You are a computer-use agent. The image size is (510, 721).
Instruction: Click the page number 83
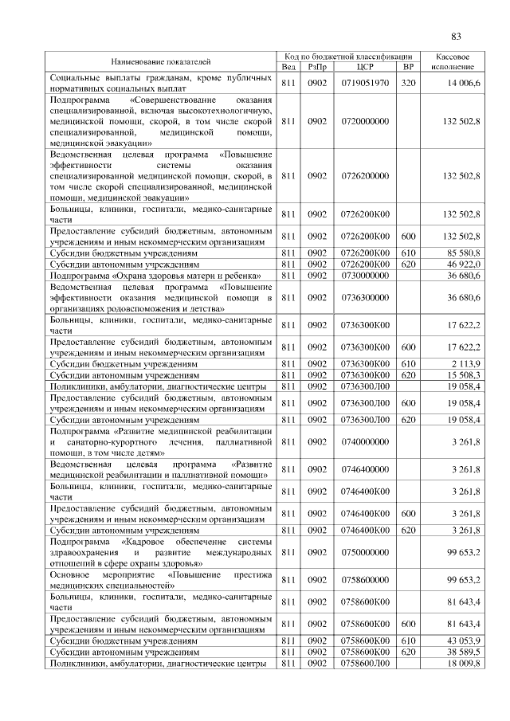click(456, 36)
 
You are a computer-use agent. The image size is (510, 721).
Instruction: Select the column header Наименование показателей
click(162, 61)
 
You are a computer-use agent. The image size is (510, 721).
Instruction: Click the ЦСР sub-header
click(365, 67)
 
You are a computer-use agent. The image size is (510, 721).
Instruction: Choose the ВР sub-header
click(408, 67)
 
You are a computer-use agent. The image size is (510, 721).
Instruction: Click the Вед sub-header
click(288, 67)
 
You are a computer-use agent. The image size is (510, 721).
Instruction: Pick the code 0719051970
click(365, 83)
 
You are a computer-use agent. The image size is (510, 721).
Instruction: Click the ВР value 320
click(408, 83)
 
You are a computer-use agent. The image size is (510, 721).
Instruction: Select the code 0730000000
click(365, 275)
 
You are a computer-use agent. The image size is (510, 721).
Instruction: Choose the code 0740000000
click(365, 441)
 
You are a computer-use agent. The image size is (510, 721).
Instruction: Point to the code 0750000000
click(365, 551)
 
